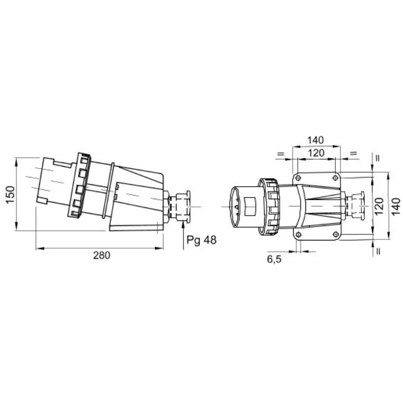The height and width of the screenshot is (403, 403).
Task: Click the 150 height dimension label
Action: point(10,195)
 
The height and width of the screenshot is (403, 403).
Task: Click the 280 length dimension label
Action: point(102,255)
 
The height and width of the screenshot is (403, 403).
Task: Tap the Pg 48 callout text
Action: point(201,240)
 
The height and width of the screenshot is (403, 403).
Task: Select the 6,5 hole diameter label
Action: point(274,260)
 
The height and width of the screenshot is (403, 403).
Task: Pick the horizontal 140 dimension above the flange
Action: point(316,140)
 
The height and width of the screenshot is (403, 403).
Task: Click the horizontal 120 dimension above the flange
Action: point(316,153)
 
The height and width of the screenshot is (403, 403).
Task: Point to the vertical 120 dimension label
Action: point(379,206)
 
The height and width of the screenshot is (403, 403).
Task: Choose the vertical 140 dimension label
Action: point(396,206)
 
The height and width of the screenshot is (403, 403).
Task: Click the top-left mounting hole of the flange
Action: point(298,178)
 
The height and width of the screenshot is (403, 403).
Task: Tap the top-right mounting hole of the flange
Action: point(335,178)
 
